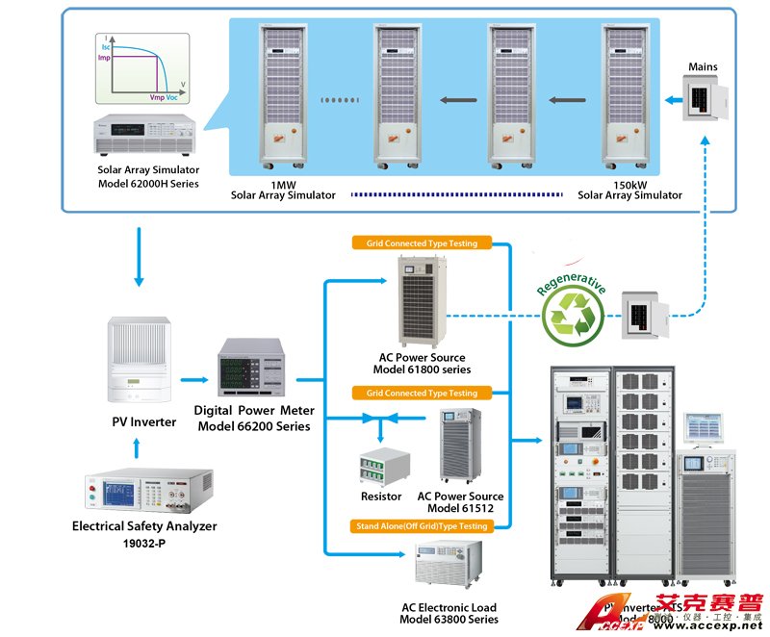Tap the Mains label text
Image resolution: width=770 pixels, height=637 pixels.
[703, 67]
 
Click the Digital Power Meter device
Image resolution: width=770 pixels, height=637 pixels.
[253, 367]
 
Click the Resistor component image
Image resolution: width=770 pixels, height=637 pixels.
[381, 467]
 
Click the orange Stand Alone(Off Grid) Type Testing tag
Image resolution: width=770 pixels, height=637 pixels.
[420, 526]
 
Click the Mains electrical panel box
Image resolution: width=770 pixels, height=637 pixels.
[702, 98]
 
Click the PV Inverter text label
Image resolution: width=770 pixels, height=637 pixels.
[144, 421]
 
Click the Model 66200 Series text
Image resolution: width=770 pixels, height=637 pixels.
[254, 425]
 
